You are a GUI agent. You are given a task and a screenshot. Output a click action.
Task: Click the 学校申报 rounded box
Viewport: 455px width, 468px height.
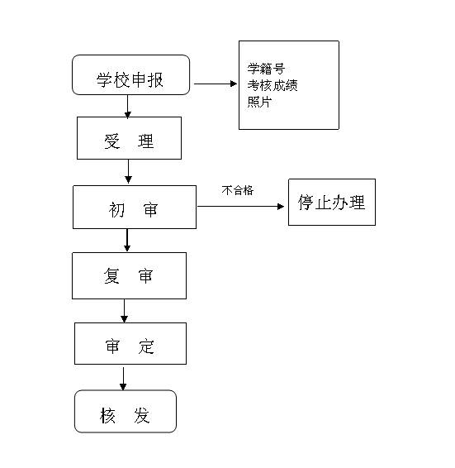131,75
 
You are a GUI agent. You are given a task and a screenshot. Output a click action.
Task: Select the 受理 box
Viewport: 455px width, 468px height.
129,138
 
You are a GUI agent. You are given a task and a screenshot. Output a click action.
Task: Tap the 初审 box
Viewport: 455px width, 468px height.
135,208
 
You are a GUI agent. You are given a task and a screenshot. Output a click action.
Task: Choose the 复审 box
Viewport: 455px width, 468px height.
129,276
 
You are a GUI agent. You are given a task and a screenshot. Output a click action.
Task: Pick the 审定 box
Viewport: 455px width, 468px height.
130,343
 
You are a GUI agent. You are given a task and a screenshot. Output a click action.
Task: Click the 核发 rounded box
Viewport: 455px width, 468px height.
126,411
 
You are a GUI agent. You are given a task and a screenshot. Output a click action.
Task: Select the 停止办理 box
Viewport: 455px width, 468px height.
332,202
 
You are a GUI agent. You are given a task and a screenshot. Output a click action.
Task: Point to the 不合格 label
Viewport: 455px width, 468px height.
237,190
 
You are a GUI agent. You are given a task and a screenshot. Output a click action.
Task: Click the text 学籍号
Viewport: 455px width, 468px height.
266,69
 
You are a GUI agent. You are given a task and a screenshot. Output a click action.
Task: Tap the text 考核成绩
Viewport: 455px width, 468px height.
273,85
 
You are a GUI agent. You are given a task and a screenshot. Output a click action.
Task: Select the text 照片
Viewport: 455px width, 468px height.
259,102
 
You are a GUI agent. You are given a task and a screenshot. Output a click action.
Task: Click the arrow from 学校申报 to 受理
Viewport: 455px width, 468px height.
128,107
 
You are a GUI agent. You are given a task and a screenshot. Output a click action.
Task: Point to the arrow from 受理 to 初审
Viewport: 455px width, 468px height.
129,171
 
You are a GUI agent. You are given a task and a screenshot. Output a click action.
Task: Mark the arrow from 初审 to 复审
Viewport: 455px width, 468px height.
127,240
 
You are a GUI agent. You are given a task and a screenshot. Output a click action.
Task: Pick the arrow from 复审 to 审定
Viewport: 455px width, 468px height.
125,311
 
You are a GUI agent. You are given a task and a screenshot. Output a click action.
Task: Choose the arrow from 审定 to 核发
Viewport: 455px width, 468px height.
123,379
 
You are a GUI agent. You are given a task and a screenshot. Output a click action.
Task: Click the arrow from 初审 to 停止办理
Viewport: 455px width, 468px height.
240,206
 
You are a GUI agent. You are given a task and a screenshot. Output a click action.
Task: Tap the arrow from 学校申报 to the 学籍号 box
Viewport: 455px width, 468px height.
216,84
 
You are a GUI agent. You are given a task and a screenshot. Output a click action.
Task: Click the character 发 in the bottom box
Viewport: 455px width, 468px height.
142,415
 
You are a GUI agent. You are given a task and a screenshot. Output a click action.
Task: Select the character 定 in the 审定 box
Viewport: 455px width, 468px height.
146,346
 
